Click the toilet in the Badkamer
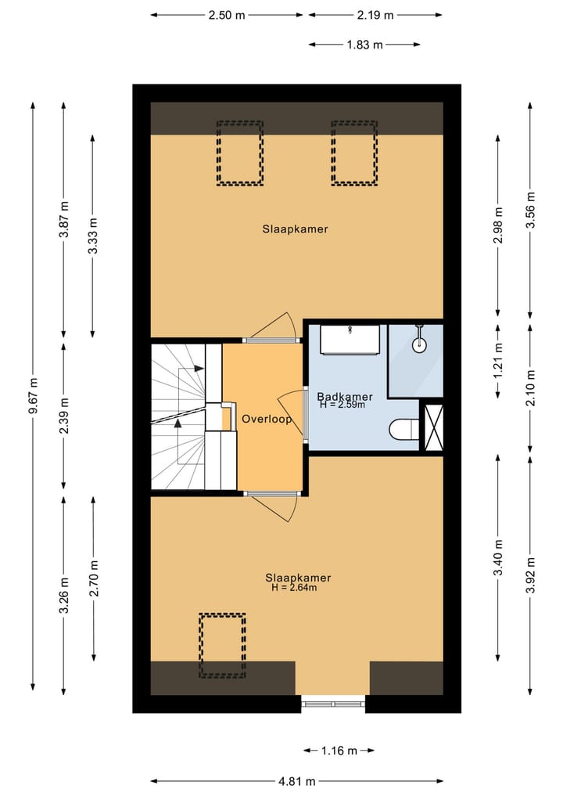(x=402, y=429)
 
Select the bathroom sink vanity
(x=350, y=339)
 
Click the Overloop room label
(x=267, y=419)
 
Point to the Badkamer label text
(x=345, y=397)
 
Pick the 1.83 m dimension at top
(x=364, y=45)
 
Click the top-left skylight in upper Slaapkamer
(x=239, y=153)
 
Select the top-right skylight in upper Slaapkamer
(x=354, y=153)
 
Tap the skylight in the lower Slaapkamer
(x=222, y=646)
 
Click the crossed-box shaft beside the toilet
(x=432, y=425)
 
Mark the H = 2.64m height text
(x=294, y=588)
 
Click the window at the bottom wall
(x=333, y=703)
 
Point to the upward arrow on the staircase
(x=178, y=423)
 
